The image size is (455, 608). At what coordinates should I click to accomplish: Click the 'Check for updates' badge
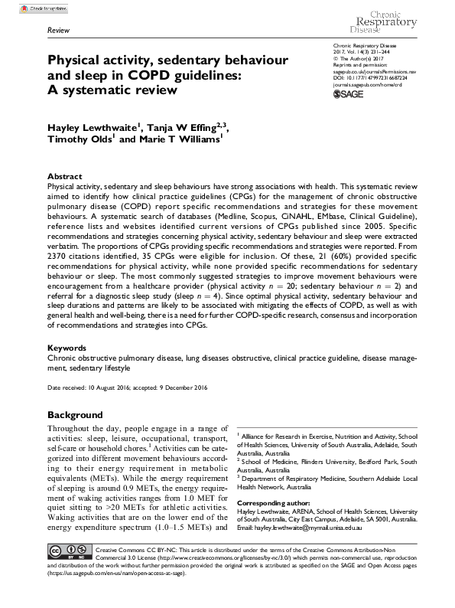pos(27,7)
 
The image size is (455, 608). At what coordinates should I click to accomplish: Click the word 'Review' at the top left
pos(58,30)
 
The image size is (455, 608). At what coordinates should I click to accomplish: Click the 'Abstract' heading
pos(64,176)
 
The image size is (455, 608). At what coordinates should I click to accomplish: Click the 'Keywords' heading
pos(67,347)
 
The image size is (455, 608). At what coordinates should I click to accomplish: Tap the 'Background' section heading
pos(75,414)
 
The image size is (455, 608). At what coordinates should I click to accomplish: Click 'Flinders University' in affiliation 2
pos(343,462)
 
